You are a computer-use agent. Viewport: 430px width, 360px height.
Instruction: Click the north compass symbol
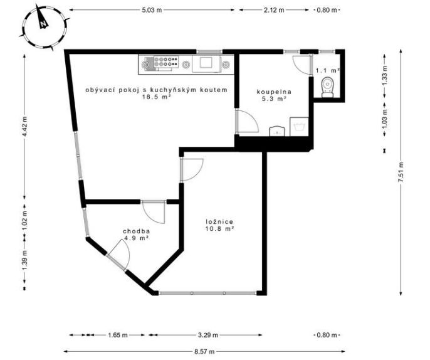[44, 27]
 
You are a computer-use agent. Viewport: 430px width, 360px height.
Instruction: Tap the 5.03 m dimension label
[152, 10]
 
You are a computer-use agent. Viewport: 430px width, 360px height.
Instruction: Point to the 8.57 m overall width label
[204, 351]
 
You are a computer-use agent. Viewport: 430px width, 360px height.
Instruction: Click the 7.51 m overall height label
[401, 172]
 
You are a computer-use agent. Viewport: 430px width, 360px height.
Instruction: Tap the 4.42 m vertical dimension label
[24, 127]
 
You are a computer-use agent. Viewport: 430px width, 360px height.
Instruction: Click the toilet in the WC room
[327, 87]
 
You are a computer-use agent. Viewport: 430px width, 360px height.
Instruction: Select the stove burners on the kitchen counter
[166, 61]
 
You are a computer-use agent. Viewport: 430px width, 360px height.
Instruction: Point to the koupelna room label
[274, 92]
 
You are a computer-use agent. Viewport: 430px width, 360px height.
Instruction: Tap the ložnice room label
[219, 222]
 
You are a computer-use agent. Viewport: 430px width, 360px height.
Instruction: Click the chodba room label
[136, 231]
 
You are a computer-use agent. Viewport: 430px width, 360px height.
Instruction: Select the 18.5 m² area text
[157, 97]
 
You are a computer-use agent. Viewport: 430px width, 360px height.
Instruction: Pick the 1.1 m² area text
[328, 70]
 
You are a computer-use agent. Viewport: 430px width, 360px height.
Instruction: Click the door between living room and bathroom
[247, 121]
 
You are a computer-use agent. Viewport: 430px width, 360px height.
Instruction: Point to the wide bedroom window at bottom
[207, 293]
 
